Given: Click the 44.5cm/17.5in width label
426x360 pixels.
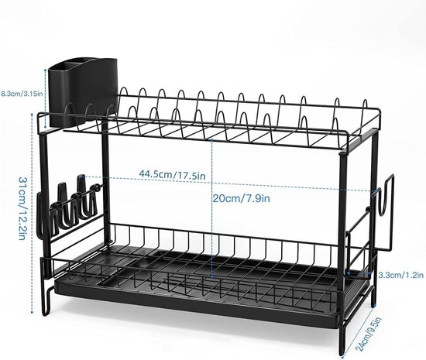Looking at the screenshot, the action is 172,173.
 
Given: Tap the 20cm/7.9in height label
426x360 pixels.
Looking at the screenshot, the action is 241,198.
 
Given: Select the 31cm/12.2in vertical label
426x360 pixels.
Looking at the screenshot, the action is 22,208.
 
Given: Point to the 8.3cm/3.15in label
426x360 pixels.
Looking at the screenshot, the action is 22,94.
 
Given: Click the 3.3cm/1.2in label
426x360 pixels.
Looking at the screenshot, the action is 401,275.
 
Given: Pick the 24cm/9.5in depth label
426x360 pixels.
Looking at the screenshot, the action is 369,334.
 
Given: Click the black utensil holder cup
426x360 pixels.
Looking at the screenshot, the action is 83,92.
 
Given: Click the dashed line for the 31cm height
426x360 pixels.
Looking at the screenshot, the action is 32,214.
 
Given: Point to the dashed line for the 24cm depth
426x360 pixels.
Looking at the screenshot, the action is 358,331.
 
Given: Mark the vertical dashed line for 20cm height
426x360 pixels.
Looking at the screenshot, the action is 212,208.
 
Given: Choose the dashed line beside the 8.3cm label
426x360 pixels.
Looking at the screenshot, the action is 46,98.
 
